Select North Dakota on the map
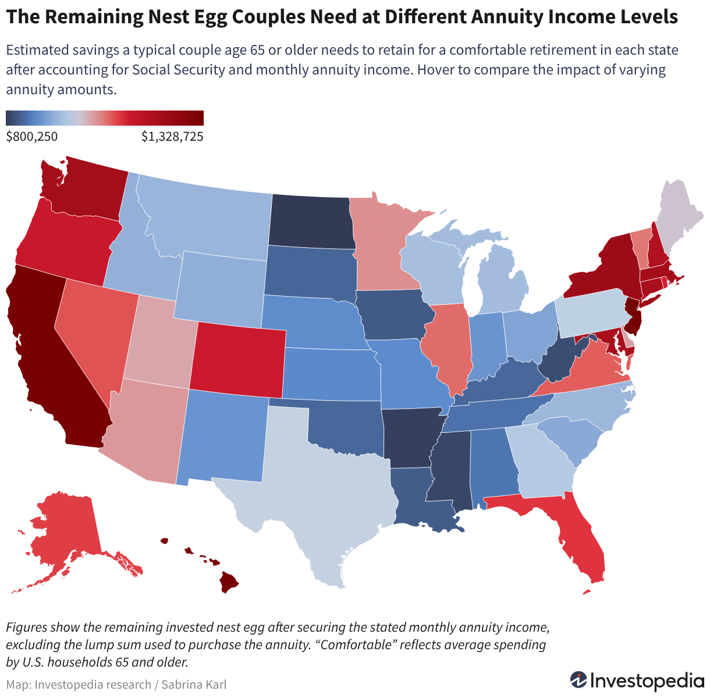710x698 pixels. click(311, 222)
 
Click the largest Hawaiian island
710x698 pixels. click(229, 582)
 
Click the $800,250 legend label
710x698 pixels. click(32, 137)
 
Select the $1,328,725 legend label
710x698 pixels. click(172, 137)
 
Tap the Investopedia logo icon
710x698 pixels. click(578, 679)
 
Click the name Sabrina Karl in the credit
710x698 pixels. click(194, 685)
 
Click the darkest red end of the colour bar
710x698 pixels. click(201, 118)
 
